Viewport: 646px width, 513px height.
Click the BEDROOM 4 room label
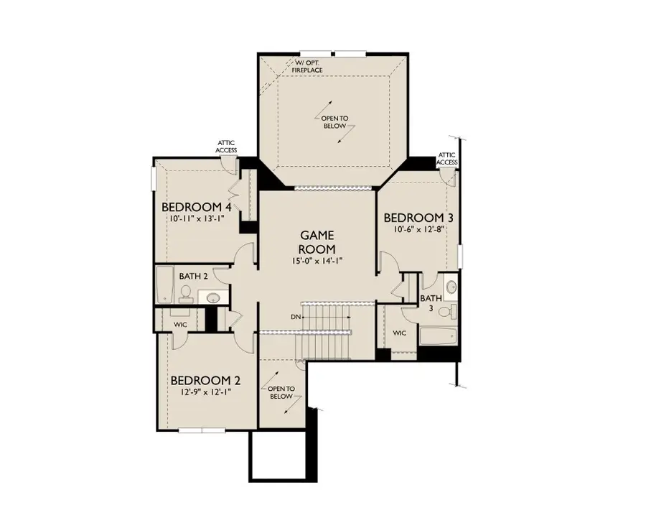(197, 207)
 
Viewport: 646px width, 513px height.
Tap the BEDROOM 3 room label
(418, 218)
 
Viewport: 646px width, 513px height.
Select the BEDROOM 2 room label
(205, 380)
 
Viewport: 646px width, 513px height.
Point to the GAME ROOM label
(317, 242)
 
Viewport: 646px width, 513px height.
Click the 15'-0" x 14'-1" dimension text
(317, 261)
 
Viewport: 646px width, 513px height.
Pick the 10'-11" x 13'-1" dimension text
(197, 218)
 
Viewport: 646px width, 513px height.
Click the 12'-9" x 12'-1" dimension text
(205, 392)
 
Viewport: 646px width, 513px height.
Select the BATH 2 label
(193, 276)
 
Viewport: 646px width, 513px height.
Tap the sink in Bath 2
(213, 297)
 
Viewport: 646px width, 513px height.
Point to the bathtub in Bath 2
(165, 285)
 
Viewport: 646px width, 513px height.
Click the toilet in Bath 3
(447, 311)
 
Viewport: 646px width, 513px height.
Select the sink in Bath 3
(451, 286)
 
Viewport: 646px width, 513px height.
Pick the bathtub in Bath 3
(439, 336)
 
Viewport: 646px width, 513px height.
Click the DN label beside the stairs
(296, 317)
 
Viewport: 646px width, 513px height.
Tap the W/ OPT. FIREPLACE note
(307, 67)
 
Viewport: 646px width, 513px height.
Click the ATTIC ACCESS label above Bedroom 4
(226, 147)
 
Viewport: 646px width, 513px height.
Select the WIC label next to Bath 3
(399, 333)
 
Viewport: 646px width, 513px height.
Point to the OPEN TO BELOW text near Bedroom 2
(281, 392)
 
